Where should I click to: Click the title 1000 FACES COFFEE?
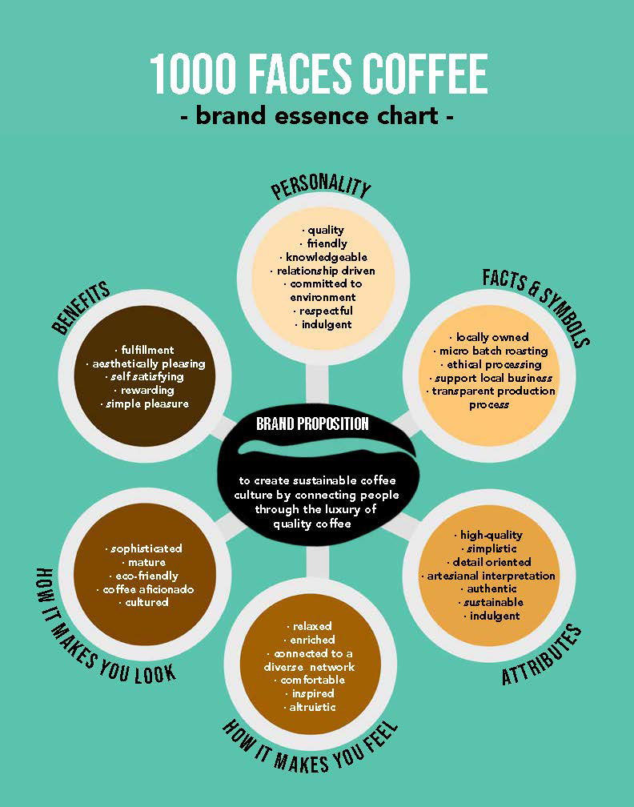click(x=318, y=74)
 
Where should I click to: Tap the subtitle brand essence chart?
click(x=317, y=116)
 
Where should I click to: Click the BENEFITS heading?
click(x=81, y=307)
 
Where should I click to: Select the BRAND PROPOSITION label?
click(x=312, y=424)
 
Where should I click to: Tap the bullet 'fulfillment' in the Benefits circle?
click(x=144, y=350)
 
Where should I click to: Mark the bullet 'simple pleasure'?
click(x=144, y=403)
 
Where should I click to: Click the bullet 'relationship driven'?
click(x=322, y=271)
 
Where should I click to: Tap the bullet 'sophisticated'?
click(x=144, y=548)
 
